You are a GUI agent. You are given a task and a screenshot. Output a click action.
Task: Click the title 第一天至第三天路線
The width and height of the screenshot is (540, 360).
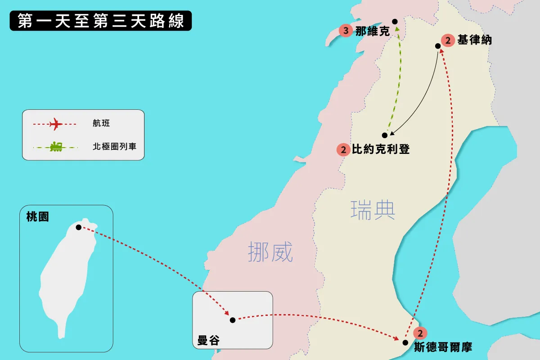101,21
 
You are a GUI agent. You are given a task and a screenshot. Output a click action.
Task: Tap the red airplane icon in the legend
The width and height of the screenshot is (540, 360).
56,124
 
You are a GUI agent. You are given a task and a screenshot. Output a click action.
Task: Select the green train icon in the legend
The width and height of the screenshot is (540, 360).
56,147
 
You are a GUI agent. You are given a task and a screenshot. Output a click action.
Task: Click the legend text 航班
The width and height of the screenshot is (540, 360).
101,123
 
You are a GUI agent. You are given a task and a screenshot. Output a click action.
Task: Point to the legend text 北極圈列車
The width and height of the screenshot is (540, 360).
114,146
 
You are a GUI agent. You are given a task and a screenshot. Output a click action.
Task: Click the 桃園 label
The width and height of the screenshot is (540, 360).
38,216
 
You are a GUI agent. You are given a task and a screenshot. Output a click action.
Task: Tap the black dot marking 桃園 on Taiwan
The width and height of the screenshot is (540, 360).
79,227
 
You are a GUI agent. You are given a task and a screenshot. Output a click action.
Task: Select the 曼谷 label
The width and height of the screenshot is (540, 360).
208,341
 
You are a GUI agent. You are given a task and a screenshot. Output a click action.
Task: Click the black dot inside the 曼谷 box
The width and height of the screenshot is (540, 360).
233,320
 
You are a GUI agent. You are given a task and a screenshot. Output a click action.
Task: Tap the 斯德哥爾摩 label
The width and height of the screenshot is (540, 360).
443,347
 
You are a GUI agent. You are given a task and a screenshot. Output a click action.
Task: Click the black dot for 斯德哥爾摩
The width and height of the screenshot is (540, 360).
405,342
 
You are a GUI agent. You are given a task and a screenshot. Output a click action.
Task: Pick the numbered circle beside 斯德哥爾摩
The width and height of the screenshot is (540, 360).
420,333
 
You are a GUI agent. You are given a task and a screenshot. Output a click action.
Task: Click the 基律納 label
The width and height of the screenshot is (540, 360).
475,40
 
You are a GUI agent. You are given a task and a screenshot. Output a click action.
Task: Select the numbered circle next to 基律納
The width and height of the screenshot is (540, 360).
448,40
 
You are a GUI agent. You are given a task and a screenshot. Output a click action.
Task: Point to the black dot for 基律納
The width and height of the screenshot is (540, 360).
438,46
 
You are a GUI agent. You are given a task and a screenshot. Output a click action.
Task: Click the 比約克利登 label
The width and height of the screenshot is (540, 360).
381,149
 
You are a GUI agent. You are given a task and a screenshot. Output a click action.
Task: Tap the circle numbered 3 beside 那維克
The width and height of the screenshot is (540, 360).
346,31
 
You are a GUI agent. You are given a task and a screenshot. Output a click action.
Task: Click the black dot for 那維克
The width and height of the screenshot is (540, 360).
395,22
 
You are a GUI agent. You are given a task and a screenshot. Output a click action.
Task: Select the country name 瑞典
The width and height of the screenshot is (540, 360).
373,210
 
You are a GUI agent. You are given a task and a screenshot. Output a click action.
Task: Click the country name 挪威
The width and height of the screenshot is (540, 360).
270,252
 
